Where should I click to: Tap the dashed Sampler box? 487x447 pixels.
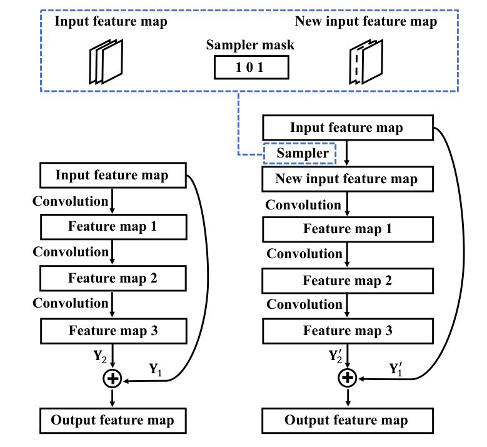pyautogui.click(x=300, y=153)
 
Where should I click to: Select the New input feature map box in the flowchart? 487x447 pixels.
pyautogui.click(x=346, y=179)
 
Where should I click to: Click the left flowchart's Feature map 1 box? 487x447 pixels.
pyautogui.click(x=113, y=226)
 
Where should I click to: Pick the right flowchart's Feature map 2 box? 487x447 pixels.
pyautogui.click(x=348, y=280)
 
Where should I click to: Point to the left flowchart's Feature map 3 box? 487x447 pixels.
pyautogui.click(x=113, y=329)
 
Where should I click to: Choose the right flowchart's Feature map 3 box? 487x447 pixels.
pyautogui.click(x=348, y=331)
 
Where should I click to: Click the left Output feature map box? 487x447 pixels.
pyautogui.click(x=113, y=419)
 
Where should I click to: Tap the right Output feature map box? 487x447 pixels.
pyautogui.click(x=346, y=419)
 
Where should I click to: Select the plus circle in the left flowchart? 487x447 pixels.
pyautogui.click(x=113, y=378)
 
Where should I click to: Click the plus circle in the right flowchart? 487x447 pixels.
pyautogui.click(x=347, y=377)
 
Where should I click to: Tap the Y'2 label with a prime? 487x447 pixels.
pyautogui.click(x=336, y=356)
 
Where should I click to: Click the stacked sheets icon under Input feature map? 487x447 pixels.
pyautogui.click(x=105, y=61)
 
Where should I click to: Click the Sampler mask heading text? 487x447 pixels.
pyautogui.click(x=250, y=46)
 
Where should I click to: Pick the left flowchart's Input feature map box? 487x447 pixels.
pyautogui.click(x=113, y=175)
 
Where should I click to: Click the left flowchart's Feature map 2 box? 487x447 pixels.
pyautogui.click(x=113, y=278)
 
